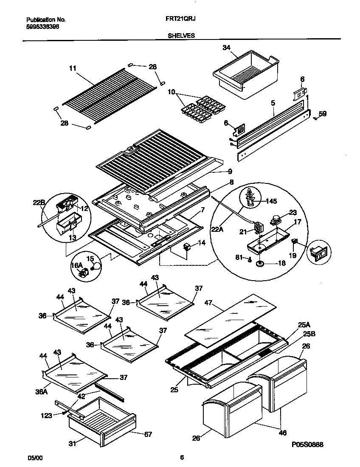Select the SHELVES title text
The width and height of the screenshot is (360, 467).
pyautogui.click(x=181, y=36)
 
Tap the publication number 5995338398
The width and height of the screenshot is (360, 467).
pyautogui.click(x=42, y=26)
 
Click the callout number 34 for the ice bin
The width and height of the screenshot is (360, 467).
pyautogui.click(x=226, y=48)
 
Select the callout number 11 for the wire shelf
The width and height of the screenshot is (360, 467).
pyautogui.click(x=72, y=68)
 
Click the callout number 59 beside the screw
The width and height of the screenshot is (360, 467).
pyautogui.click(x=323, y=113)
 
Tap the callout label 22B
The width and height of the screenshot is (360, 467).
pyautogui.click(x=39, y=203)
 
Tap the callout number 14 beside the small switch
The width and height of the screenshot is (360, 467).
pyautogui.click(x=201, y=243)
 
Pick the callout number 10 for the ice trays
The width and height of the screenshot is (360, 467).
pyautogui.click(x=172, y=91)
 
